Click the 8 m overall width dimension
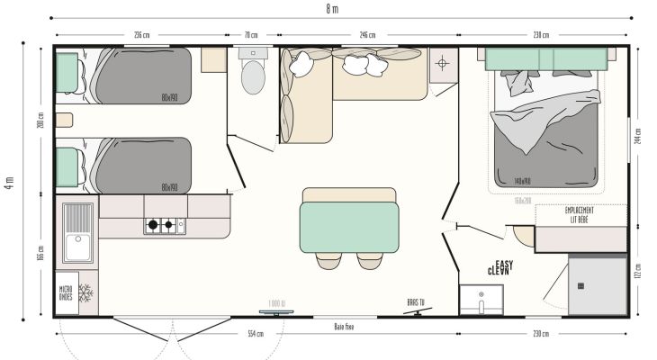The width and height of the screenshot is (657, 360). coord(332,9)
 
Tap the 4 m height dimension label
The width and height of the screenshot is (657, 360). coord(9,181)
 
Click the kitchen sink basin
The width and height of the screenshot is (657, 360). coord(78,219)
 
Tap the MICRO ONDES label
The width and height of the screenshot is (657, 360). coord(66,293)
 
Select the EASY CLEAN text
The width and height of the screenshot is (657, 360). coord(499,267)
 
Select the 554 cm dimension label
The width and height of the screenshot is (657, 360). coord(256,335)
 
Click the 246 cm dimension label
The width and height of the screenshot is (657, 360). coord(367,35)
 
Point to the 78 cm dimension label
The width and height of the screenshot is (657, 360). coord(251,35)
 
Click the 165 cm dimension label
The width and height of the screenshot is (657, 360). coord(41,255)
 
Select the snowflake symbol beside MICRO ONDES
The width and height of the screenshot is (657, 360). coord(86,292)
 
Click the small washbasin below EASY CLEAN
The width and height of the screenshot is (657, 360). coord(481,301)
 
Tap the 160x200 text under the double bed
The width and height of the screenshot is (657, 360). coord(523,200)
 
